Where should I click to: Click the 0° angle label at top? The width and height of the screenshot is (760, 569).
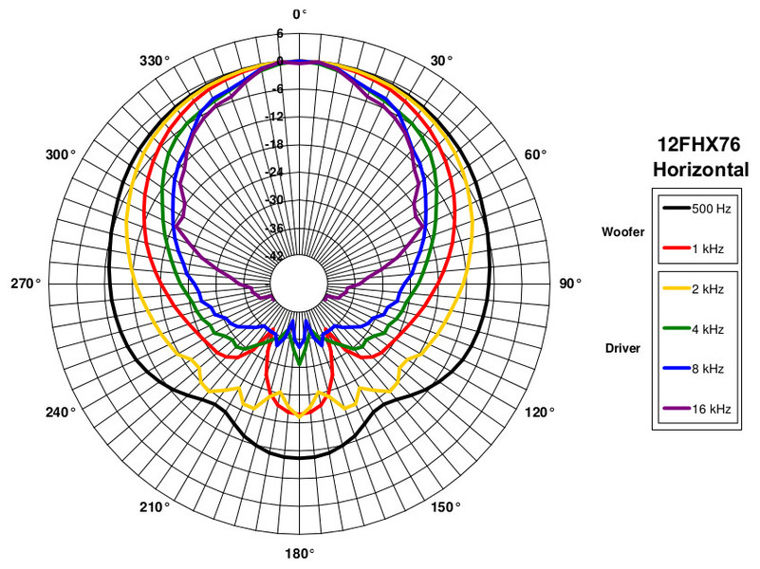(300, 14)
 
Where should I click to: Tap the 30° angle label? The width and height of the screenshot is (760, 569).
(441, 61)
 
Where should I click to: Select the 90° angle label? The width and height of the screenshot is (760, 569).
(570, 284)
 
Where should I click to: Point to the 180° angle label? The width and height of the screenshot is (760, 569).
(300, 553)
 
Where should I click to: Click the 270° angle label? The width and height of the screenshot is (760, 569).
(26, 284)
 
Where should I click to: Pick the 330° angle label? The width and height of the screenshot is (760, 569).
(155, 61)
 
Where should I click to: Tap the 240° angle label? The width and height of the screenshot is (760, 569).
(61, 413)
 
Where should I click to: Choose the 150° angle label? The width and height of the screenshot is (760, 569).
(445, 507)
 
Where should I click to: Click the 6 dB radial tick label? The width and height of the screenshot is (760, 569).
(280, 33)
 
